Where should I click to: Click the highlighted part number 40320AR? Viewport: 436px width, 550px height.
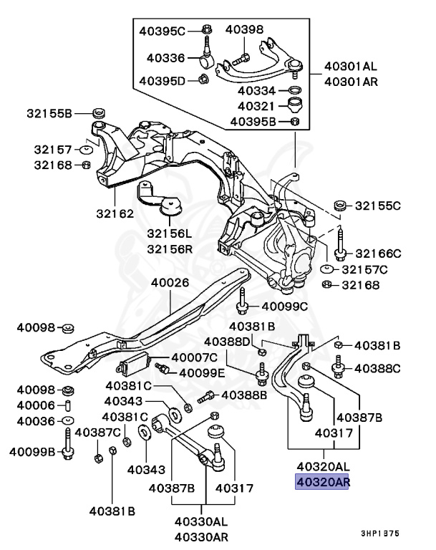322,482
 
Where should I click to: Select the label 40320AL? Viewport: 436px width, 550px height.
322,467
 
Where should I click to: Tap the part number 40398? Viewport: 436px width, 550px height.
244,29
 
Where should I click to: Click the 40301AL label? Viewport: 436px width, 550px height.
350,66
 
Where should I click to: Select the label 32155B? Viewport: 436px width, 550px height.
48,113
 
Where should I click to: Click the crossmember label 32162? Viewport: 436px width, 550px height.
115,213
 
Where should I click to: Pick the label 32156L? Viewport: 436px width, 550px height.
170,234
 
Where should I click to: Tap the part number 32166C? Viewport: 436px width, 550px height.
378,253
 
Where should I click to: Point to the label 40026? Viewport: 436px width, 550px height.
170,282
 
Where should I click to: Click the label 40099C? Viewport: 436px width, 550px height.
284,307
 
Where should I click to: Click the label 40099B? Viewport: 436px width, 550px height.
32,452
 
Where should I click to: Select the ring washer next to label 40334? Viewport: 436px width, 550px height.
294,91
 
